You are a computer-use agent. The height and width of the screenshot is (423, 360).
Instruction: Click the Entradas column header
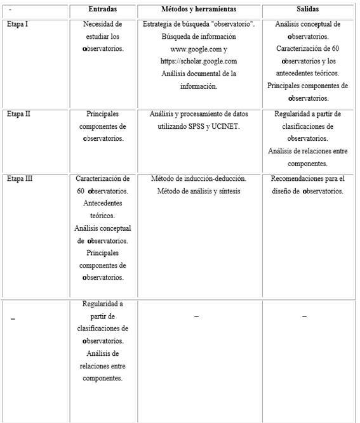pos(102,10)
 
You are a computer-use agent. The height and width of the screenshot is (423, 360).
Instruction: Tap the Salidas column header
pos(307,10)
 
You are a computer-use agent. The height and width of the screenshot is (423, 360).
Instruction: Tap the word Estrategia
pos(159,24)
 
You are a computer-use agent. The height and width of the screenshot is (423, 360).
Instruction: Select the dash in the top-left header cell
pos(11,10)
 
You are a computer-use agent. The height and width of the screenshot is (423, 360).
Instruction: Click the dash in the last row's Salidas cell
pos(304,316)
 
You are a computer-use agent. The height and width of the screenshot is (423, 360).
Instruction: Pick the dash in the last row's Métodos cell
pos(196,316)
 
